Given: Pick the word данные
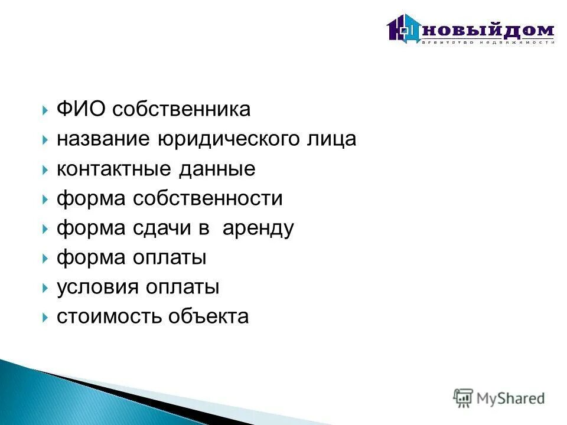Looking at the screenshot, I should pyautogui.click(x=215, y=169).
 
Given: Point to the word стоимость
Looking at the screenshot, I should pyautogui.click(x=109, y=317).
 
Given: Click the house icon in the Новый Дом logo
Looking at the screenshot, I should pyautogui.click(x=403, y=28).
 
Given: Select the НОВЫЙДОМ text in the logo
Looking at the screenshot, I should pyautogui.click(x=488, y=30).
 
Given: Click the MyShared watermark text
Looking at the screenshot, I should pyautogui.click(x=510, y=398).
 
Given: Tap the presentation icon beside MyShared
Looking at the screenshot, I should pyautogui.click(x=463, y=398).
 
